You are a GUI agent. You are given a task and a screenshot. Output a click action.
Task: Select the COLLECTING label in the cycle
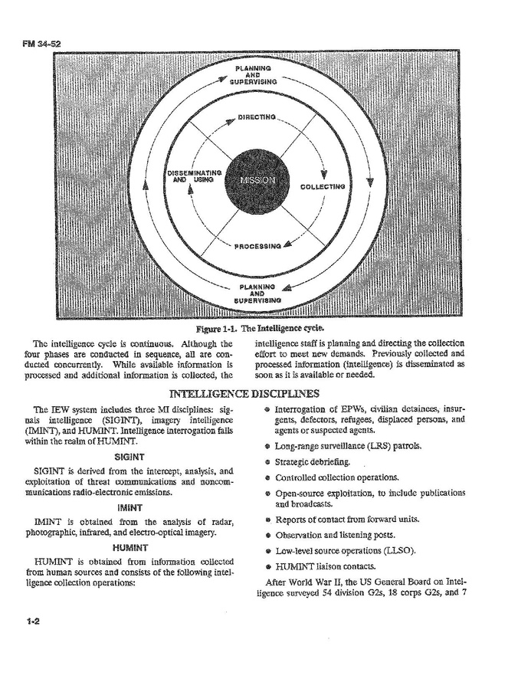point(323,186)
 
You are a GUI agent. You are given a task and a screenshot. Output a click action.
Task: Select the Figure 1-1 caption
point(264,328)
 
